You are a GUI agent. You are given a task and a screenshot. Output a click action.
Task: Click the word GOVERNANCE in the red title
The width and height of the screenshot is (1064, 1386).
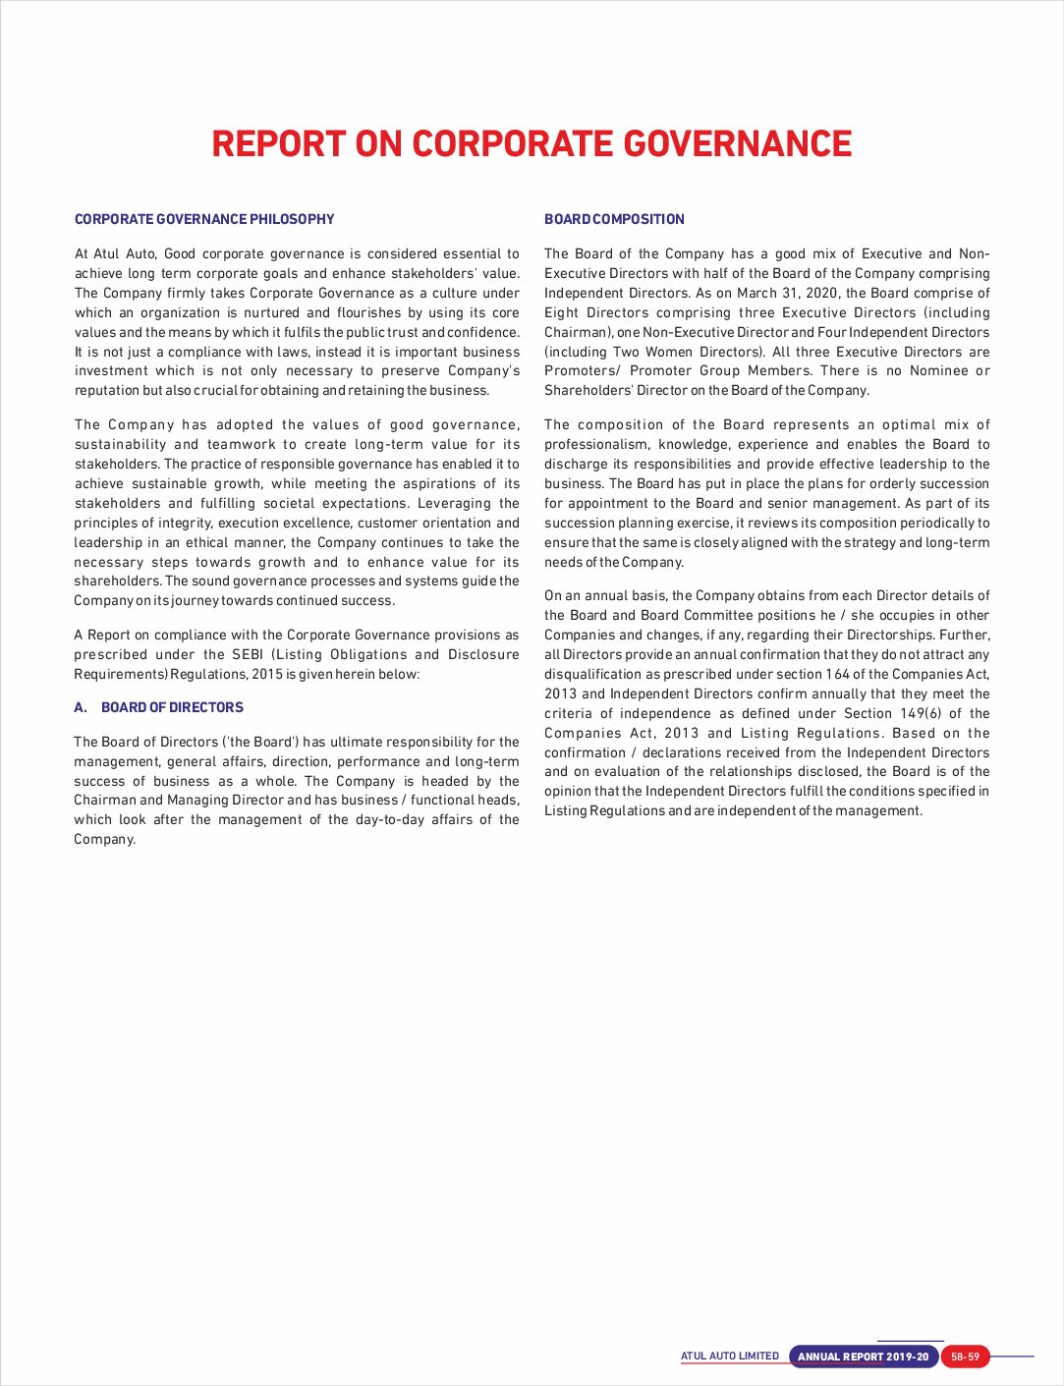tap(737, 143)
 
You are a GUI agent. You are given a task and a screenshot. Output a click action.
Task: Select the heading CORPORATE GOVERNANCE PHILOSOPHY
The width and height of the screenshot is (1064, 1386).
tap(204, 219)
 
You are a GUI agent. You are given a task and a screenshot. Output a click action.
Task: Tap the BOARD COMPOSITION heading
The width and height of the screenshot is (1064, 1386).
tap(614, 219)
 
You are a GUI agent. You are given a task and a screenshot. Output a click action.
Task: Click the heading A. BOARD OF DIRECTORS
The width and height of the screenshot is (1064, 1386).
tap(158, 707)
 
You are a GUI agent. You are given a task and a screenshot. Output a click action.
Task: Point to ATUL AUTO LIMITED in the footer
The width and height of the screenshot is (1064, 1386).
tap(730, 1357)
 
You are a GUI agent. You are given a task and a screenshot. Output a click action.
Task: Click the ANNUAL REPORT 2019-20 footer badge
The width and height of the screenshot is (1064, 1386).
tap(863, 1358)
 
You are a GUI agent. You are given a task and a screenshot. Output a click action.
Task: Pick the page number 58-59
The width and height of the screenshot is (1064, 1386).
tap(965, 1358)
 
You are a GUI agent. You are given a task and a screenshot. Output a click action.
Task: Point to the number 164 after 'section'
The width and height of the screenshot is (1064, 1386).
tap(837, 674)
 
